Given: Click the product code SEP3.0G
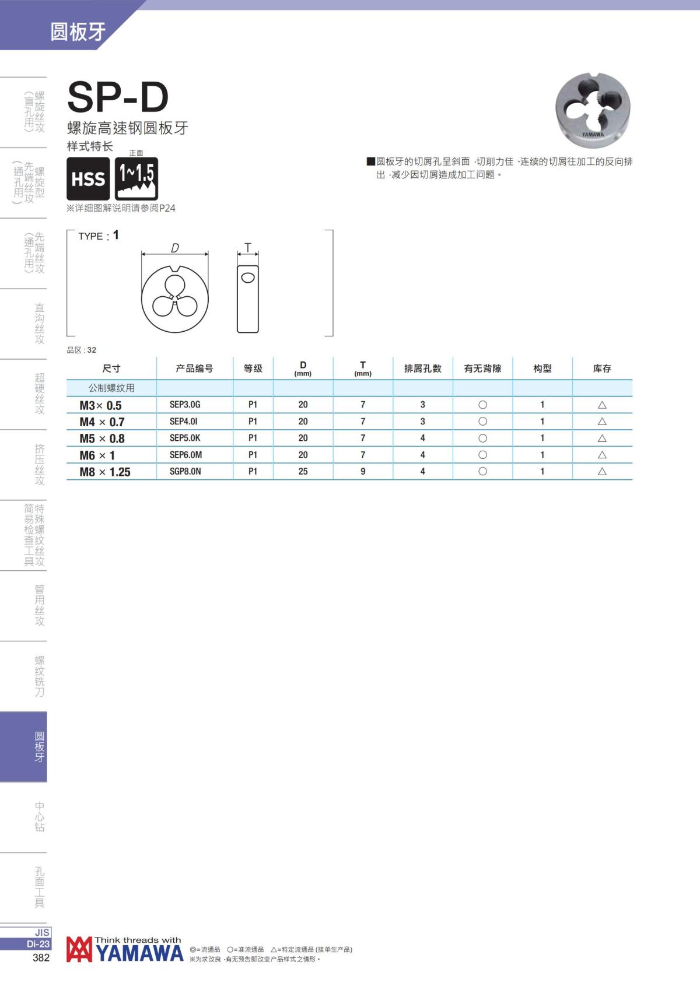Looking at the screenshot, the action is point(185,405).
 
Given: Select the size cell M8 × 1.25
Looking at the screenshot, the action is point(105,472).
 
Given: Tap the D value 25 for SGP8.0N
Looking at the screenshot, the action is point(303,472).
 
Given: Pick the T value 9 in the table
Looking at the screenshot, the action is point(363,472).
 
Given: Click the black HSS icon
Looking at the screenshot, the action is point(88,178).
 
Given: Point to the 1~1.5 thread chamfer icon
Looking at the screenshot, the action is point(136,178).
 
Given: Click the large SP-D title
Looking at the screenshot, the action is point(118,97).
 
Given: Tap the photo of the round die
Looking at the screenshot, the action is point(593,111).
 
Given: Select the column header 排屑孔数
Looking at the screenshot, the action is point(422,368).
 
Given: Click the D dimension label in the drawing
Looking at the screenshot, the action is point(175,248).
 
